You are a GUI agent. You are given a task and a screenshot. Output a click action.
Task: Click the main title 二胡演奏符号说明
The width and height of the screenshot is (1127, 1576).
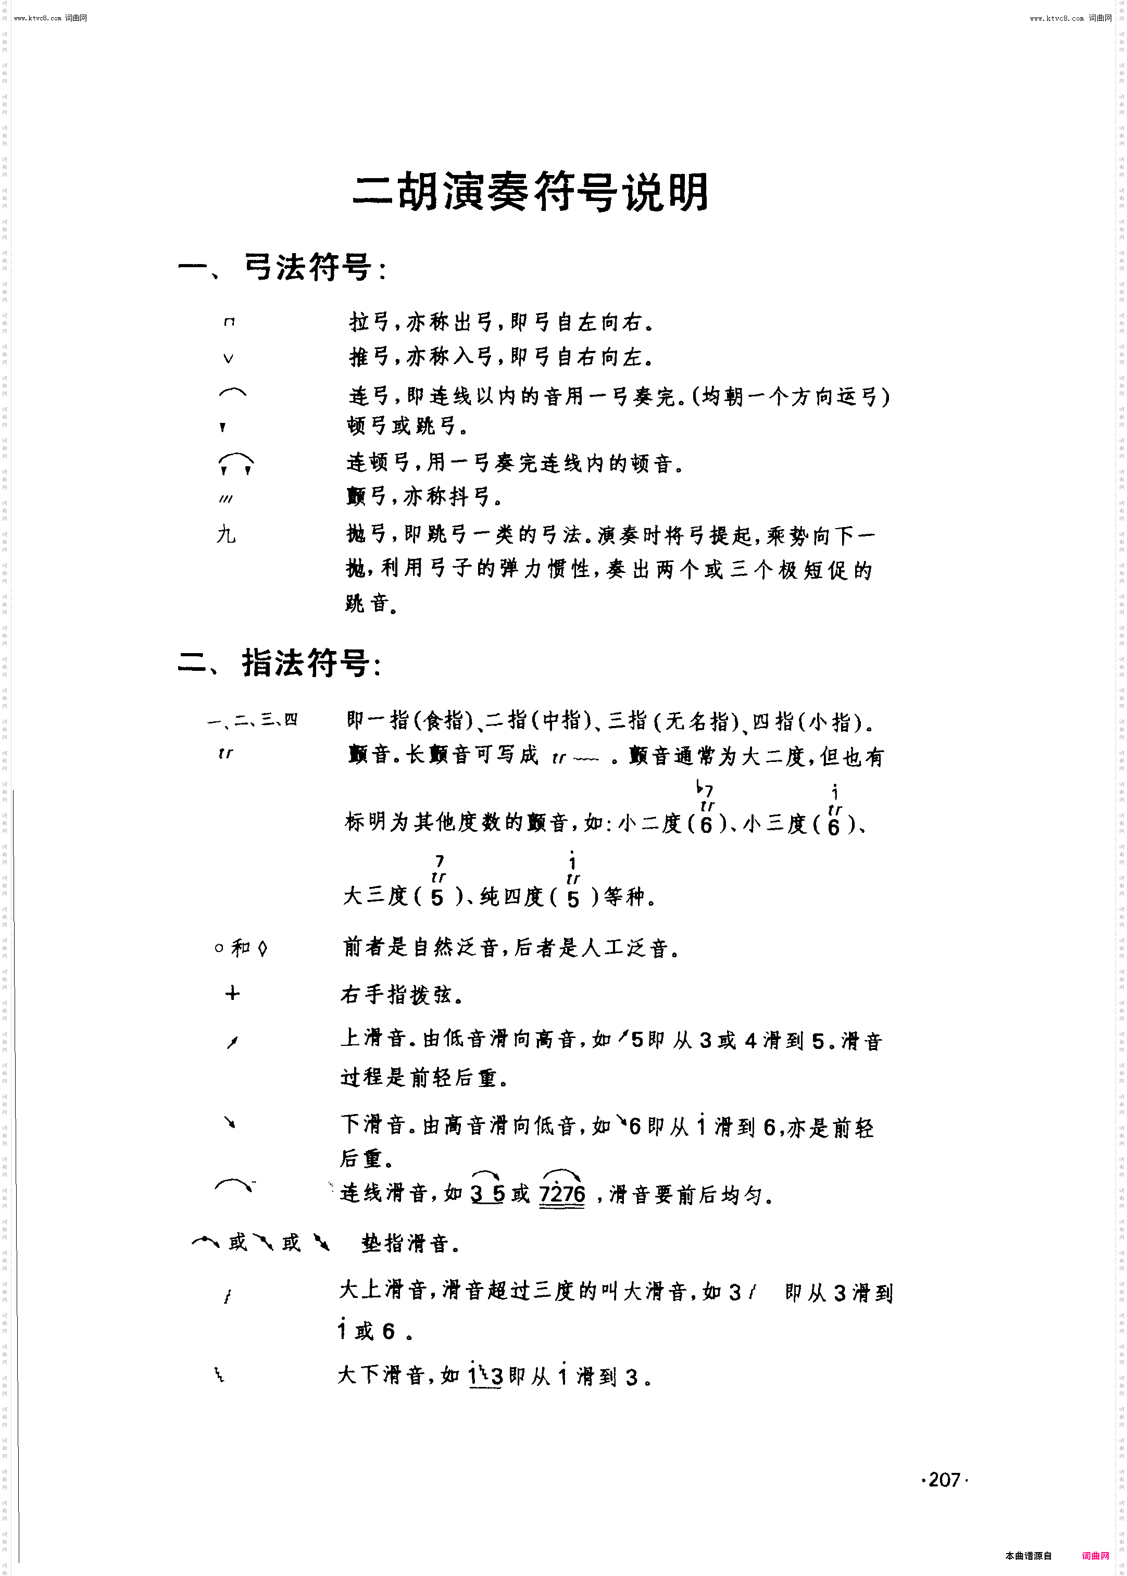pos(531,192)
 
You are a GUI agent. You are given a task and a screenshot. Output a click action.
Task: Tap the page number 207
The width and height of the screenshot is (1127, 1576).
pos(943,1480)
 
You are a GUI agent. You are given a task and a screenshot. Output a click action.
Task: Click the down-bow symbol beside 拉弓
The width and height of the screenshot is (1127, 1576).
pos(230,322)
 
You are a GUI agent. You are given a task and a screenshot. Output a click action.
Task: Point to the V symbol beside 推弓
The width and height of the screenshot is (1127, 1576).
pos(228,358)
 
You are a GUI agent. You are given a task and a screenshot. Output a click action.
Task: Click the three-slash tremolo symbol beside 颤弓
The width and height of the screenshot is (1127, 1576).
pos(226,499)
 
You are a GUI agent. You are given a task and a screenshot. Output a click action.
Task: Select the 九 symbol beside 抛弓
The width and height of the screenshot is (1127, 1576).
pos(226,534)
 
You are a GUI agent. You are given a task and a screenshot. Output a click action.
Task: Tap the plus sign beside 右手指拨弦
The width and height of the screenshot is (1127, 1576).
pos(232,994)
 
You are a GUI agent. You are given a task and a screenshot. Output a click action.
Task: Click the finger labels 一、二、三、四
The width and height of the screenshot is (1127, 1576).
pos(253,720)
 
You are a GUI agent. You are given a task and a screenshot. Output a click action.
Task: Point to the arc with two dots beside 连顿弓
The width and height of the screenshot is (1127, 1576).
pos(236,463)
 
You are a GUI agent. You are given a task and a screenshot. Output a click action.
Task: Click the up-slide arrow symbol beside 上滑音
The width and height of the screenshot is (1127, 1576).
pos(232,1042)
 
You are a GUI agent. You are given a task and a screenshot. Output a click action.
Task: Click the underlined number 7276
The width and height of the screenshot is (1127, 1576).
pos(562,1193)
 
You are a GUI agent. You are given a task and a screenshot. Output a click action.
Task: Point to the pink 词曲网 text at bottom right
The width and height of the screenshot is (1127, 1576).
pos(1095,1555)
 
